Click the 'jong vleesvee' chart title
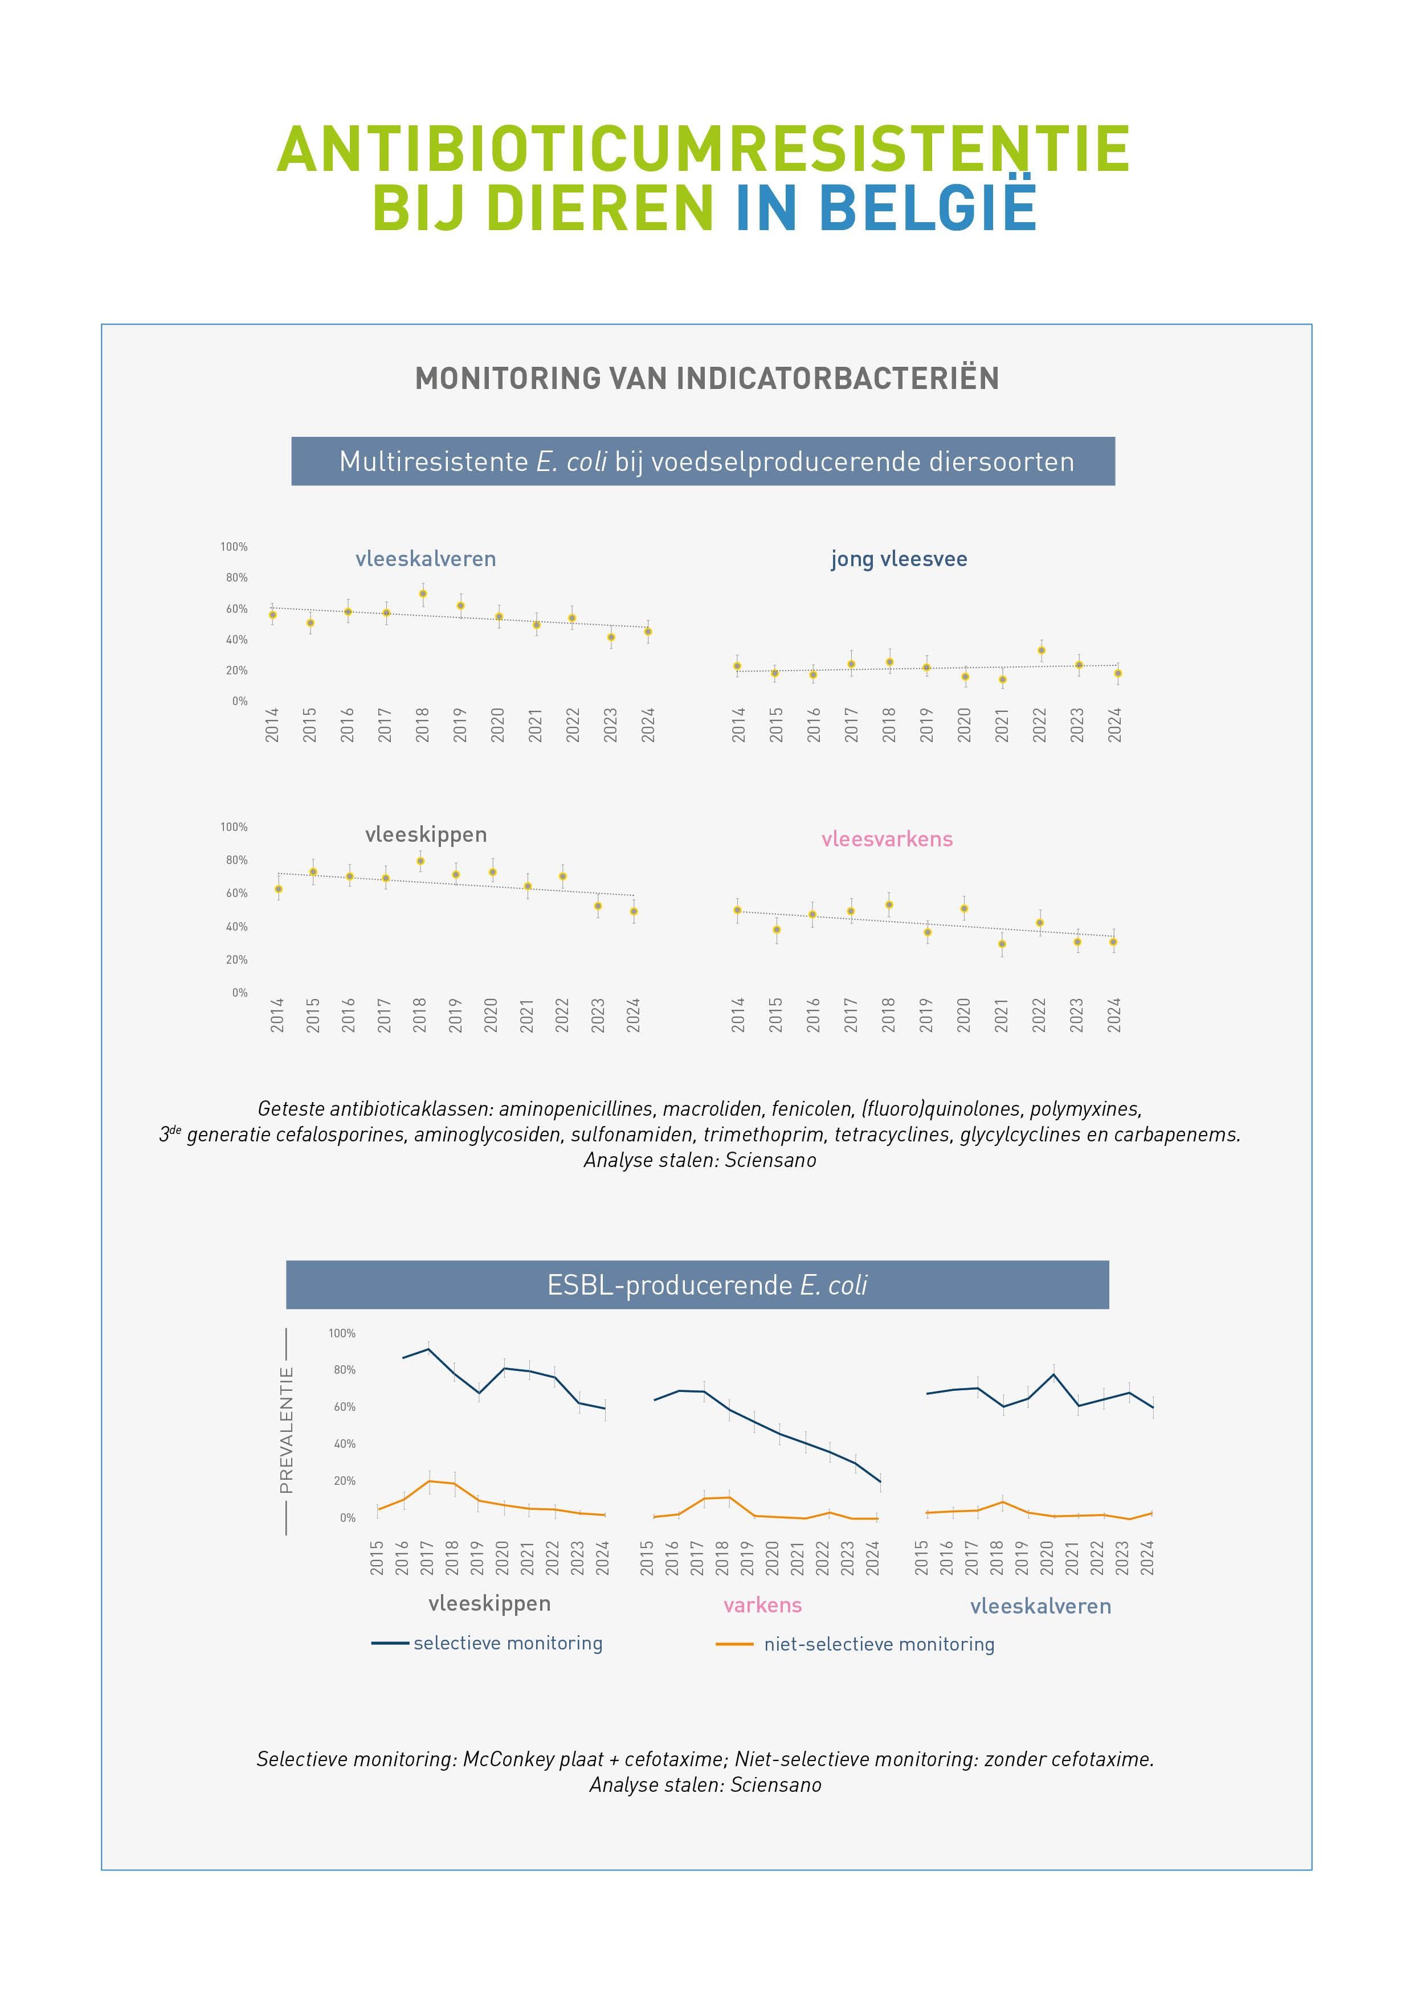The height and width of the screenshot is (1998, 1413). coord(899,559)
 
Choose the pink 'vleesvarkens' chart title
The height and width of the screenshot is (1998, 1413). coord(887,839)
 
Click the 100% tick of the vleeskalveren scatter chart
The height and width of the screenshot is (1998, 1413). coord(234,547)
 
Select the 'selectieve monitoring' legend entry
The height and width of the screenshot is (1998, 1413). coord(508,1643)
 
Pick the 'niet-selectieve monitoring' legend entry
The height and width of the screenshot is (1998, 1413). coord(879,1644)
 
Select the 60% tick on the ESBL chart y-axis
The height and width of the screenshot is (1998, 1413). coord(344,1407)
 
